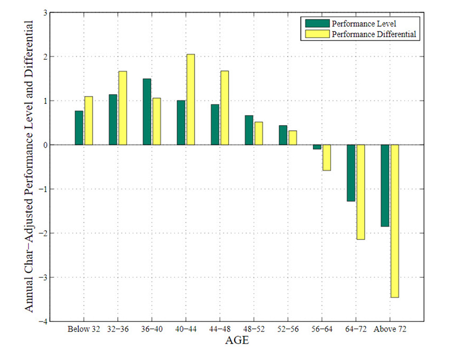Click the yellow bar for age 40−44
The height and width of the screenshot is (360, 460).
click(x=190, y=99)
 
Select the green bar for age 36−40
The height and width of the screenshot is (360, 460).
click(x=147, y=112)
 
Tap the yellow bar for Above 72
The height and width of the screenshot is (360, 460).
click(x=395, y=221)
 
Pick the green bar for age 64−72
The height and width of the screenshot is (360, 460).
click(x=351, y=173)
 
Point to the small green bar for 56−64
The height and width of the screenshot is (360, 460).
click(x=317, y=147)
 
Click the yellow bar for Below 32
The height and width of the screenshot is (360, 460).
click(x=89, y=120)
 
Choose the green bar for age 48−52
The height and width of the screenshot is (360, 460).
click(x=249, y=130)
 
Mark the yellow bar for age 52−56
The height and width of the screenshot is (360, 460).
click(x=293, y=138)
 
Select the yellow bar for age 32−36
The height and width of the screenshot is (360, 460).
click(x=123, y=108)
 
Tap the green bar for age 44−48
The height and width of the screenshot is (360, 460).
click(x=215, y=125)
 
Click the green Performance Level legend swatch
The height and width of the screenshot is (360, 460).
click(x=317, y=23)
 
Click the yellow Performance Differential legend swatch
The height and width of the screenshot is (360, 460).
click(x=317, y=34)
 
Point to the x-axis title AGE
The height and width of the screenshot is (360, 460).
click(x=237, y=340)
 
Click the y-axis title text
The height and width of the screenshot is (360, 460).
click(x=29, y=166)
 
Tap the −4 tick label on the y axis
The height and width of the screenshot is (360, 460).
click(x=43, y=322)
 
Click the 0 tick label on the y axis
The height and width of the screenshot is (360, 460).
click(x=45, y=145)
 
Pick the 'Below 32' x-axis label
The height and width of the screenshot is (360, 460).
click(x=84, y=329)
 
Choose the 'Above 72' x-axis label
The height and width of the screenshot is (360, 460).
click(x=390, y=329)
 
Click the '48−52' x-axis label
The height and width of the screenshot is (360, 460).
click(x=254, y=329)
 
